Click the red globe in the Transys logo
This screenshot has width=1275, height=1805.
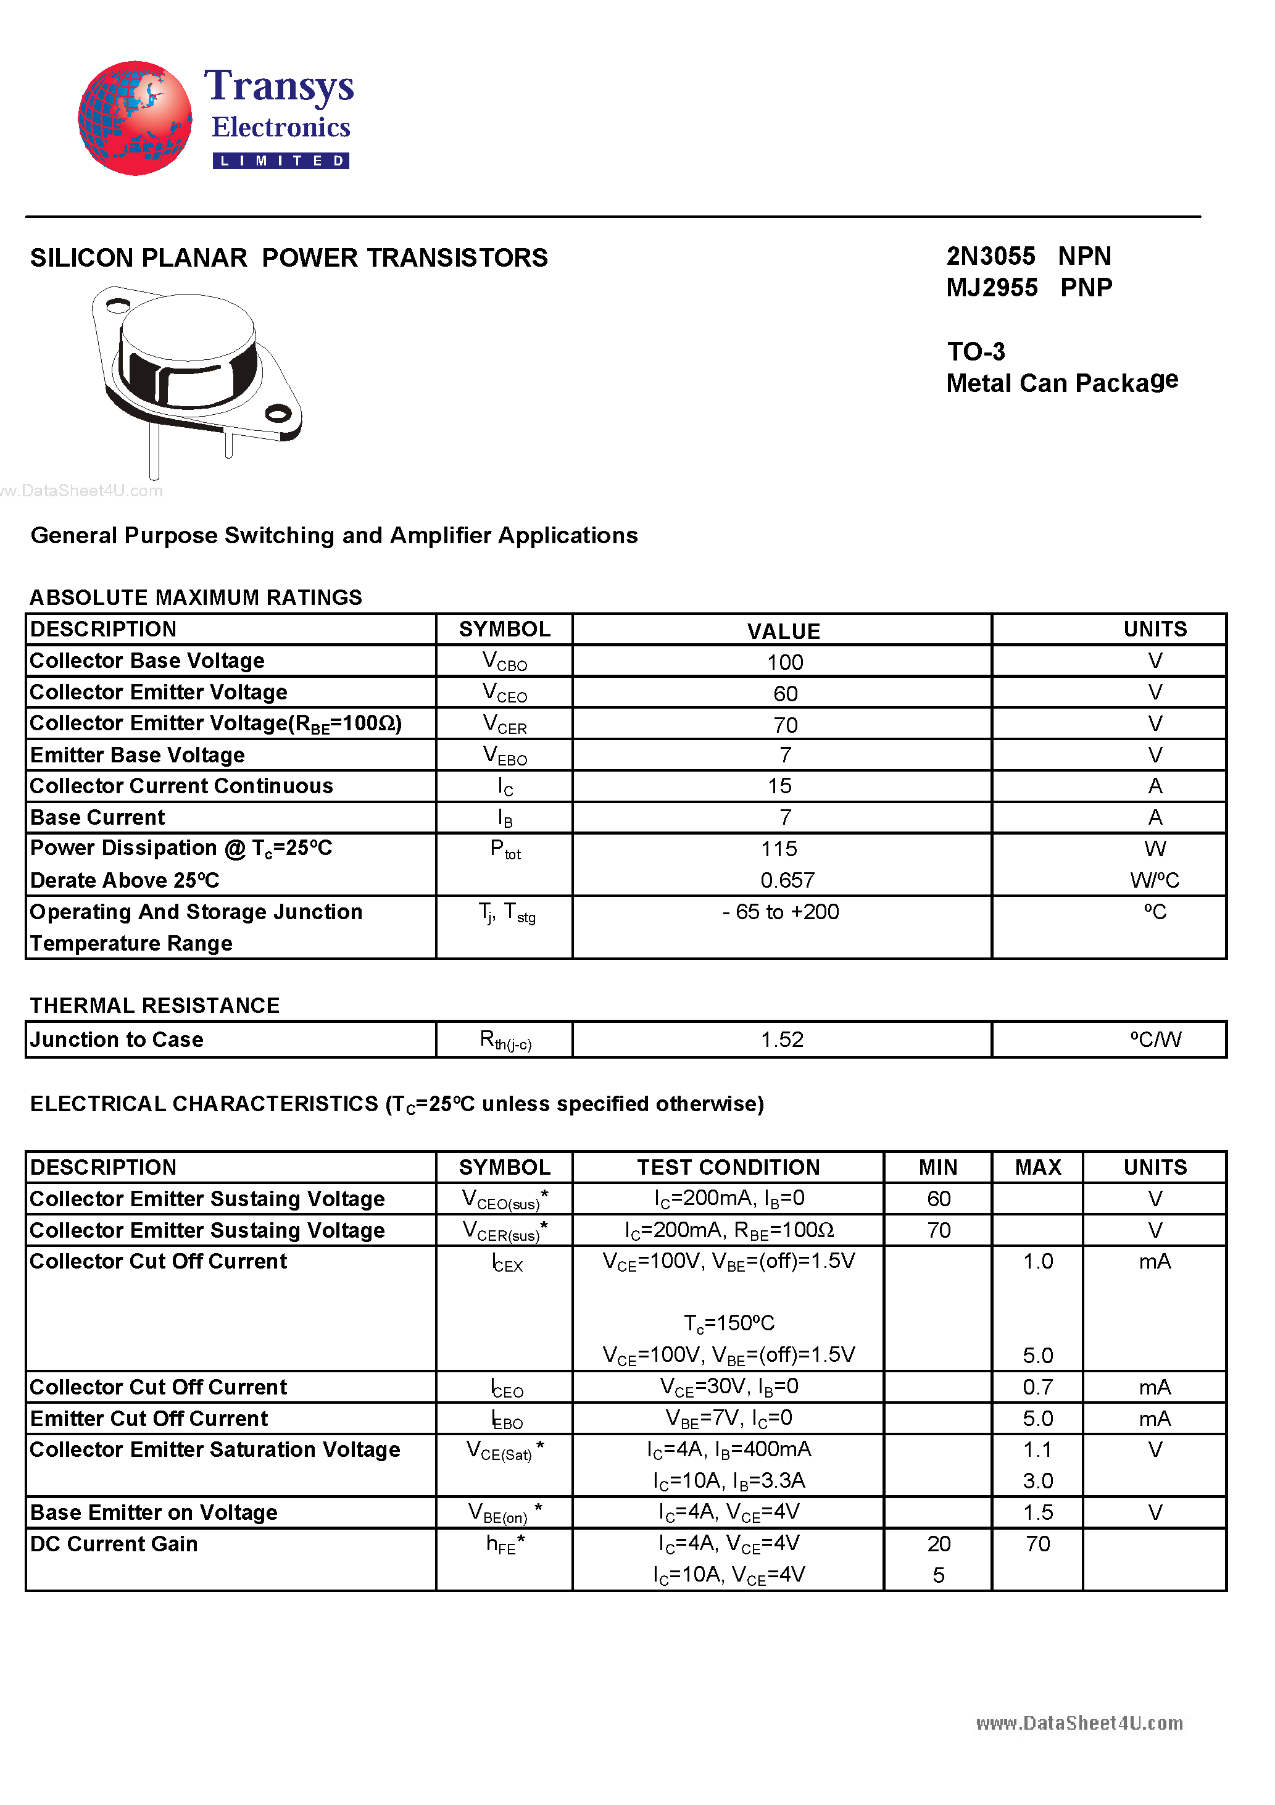pos(135,118)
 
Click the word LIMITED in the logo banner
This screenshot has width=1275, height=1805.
pos(281,161)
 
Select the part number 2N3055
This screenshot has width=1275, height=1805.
pos(990,256)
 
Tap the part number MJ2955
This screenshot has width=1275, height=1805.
pos(991,288)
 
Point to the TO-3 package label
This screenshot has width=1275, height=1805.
pos(976,351)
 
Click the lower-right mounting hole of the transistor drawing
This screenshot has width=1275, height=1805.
pos(278,413)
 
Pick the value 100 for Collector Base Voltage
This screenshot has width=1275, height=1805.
pos(784,662)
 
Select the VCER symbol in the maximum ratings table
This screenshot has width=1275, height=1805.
pos(505,724)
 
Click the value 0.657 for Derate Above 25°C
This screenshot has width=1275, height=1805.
pos(787,880)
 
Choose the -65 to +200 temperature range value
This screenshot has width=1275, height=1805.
pos(781,912)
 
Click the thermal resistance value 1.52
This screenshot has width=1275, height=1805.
pos(781,1040)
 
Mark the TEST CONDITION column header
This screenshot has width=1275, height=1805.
pos(728,1167)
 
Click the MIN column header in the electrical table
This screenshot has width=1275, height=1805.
pos(938,1167)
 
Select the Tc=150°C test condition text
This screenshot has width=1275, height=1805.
pos(729,1323)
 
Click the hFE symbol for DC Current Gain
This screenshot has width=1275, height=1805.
pos(504,1544)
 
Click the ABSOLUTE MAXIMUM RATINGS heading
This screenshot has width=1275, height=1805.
pos(196,598)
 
